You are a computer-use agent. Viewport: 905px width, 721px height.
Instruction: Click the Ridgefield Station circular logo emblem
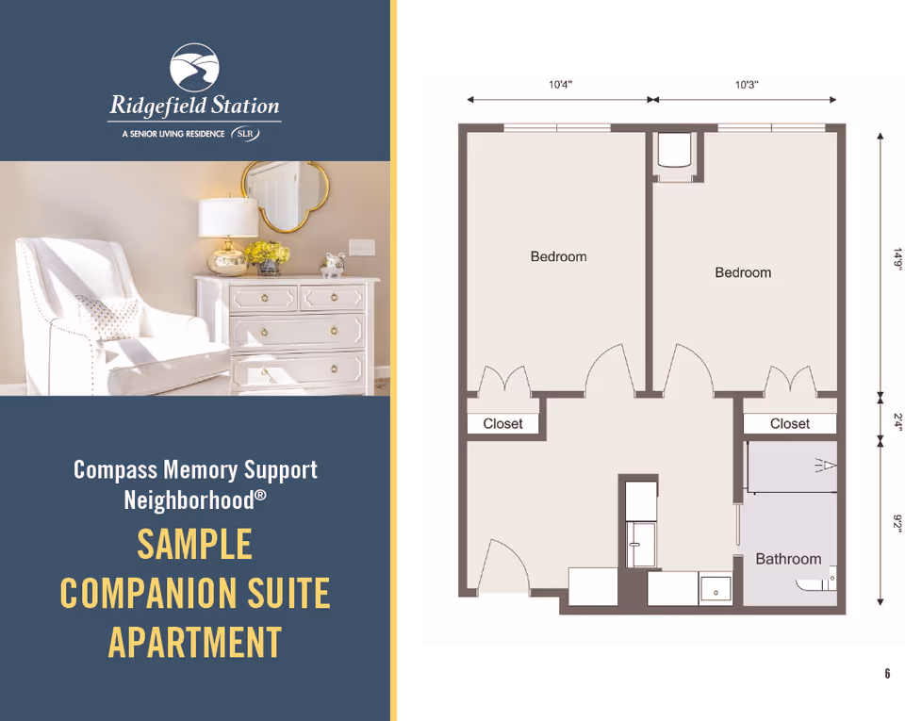tap(194, 67)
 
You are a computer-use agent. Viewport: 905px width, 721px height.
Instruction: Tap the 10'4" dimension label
tap(560, 85)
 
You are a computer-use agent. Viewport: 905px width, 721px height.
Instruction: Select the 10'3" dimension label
tap(747, 85)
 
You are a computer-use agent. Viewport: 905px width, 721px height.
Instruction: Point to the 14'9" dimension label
tap(897, 258)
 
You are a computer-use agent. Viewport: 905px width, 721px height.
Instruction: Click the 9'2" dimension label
tap(897, 524)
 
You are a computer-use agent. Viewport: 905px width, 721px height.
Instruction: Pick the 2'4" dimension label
tap(897, 421)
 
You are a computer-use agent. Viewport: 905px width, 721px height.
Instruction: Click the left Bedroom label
tap(559, 256)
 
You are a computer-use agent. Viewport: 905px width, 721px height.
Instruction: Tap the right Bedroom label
tap(743, 272)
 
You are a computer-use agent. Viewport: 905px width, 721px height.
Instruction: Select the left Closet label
tap(502, 424)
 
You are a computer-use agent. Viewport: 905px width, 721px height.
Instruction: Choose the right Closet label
tap(790, 424)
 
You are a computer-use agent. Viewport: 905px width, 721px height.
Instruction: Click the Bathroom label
tap(788, 559)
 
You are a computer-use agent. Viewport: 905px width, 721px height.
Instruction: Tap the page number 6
tap(887, 673)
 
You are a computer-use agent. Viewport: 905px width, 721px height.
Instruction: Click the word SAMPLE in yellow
tap(194, 544)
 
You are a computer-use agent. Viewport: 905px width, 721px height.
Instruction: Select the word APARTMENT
tap(195, 643)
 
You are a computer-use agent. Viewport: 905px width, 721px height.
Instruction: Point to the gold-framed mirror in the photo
tap(285, 196)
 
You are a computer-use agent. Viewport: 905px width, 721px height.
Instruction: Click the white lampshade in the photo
tap(228, 217)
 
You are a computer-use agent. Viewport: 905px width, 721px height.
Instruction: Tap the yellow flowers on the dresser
tap(267, 253)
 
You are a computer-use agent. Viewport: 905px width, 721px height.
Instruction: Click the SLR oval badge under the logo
tap(245, 134)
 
